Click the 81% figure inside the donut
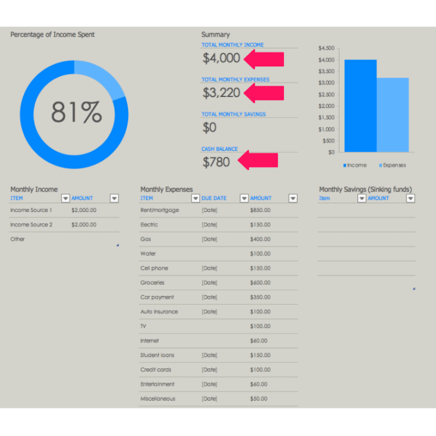76,112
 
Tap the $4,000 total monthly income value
221,58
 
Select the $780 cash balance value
216,162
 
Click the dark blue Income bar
361,105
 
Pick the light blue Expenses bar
393,114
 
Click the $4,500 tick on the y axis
326,48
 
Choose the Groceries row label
152,283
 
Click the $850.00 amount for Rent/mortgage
260,210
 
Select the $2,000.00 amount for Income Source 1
83,210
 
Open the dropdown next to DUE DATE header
244,198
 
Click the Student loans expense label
158,355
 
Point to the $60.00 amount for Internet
259,341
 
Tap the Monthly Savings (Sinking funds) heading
365,189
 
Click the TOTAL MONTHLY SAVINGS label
234,114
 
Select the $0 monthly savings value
210,127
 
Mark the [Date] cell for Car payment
210,297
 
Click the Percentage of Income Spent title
52,35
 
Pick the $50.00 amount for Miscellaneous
259,399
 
